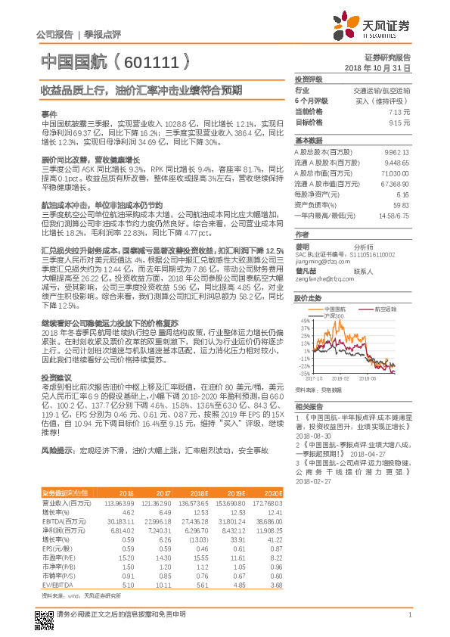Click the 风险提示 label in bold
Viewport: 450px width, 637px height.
click(58, 450)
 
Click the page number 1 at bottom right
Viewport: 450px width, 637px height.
click(409, 623)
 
